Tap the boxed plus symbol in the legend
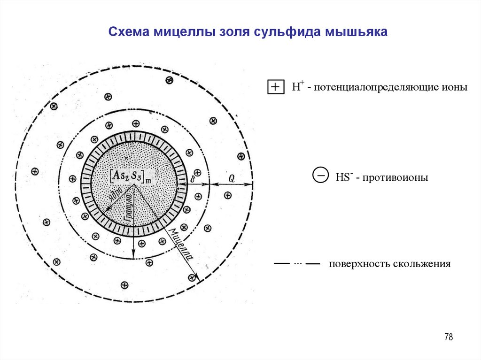[275, 87]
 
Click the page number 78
[448, 337]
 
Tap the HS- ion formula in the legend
[342, 178]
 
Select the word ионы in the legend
[454, 87]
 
